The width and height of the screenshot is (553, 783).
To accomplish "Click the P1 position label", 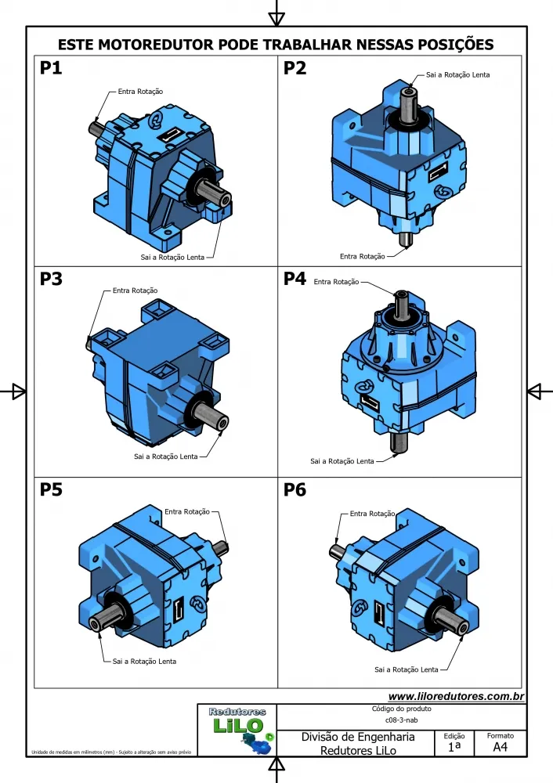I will point(51,69).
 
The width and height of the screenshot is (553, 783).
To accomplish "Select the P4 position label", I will point(295,280).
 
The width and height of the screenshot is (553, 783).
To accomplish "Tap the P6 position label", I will point(295,491).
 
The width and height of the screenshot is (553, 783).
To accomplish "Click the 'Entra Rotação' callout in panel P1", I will point(141,92).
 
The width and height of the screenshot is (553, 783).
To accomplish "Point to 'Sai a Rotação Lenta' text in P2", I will point(458,74).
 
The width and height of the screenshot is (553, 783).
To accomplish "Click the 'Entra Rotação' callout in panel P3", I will point(135,290).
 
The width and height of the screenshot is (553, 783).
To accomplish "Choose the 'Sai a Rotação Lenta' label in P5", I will point(144,661).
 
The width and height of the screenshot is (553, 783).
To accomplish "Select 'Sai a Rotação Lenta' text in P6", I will point(406,669).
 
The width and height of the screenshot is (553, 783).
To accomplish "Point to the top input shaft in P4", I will point(401,302).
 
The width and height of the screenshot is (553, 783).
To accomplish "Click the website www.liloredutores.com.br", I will point(456,696).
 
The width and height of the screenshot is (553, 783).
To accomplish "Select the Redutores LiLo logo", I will point(240,729).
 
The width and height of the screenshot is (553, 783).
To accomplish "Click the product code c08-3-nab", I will point(402,720).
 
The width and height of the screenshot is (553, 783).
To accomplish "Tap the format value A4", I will point(500,748).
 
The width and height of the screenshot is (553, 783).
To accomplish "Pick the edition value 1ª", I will point(454,748).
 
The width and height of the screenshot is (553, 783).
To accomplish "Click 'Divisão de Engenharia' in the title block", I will point(358,738).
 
